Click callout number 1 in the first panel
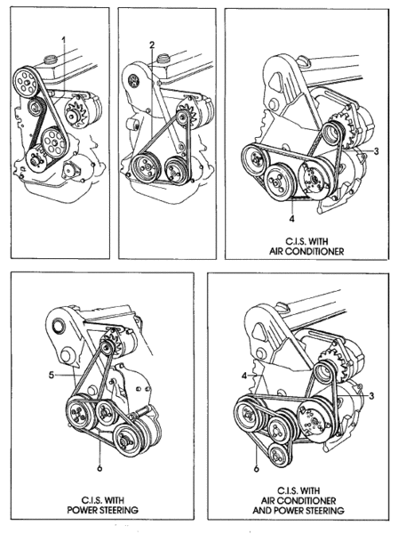(64, 41)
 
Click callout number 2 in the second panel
(152, 44)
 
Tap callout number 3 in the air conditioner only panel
(377, 151)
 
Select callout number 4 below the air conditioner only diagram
(291, 218)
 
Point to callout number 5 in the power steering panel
(52, 376)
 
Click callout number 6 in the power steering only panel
(100, 468)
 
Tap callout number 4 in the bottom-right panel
(244, 376)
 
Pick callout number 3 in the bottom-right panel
(371, 395)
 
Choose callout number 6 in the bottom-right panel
(257, 469)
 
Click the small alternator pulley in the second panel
(183, 117)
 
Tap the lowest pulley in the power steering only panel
(127, 440)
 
